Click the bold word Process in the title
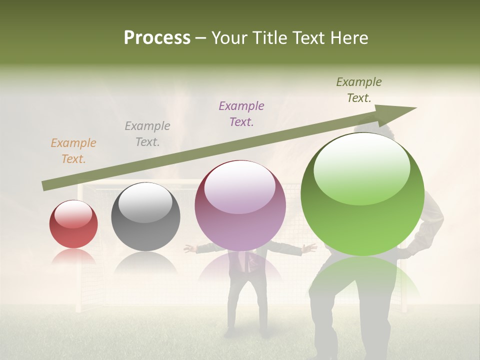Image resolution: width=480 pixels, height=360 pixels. (157, 37)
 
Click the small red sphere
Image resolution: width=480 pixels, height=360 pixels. (73, 224)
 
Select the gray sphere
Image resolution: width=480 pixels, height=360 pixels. (145, 217)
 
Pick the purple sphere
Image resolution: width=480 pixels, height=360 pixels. (240, 205)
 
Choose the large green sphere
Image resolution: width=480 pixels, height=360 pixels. (362, 194)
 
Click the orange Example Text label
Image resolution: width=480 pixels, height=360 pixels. (73, 150)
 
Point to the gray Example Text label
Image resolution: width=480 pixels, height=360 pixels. (147, 133)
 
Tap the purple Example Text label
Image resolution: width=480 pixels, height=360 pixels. (241, 113)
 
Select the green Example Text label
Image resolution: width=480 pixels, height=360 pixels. (358, 89)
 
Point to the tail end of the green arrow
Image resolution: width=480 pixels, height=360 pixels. (45, 186)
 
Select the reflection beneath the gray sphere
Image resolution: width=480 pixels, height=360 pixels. (145, 262)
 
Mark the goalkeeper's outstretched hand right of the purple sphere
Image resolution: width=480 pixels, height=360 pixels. (310, 247)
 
